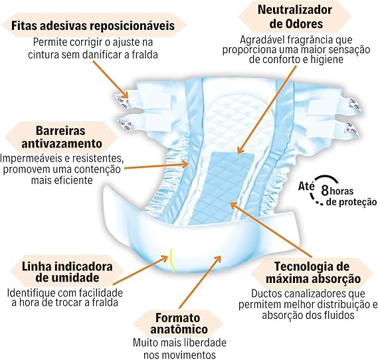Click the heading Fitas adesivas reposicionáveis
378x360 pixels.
click(x=93, y=25)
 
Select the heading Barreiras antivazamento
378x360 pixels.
click(x=62, y=137)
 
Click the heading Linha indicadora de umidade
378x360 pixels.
click(x=67, y=272)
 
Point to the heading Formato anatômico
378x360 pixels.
click(x=179, y=323)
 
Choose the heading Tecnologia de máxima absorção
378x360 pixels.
click(x=313, y=273)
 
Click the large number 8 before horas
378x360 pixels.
click(x=325, y=191)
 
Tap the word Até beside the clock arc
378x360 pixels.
click(x=306, y=186)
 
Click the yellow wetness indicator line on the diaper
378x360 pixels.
click(x=171, y=260)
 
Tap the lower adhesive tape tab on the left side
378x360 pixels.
click(x=124, y=124)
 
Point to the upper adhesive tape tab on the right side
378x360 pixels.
click(x=354, y=104)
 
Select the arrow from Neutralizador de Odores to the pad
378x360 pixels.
click(x=267, y=109)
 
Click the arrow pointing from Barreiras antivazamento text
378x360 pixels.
click(x=156, y=166)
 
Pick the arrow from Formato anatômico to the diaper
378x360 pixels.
click(x=200, y=282)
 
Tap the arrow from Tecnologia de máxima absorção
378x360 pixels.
click(x=272, y=230)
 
